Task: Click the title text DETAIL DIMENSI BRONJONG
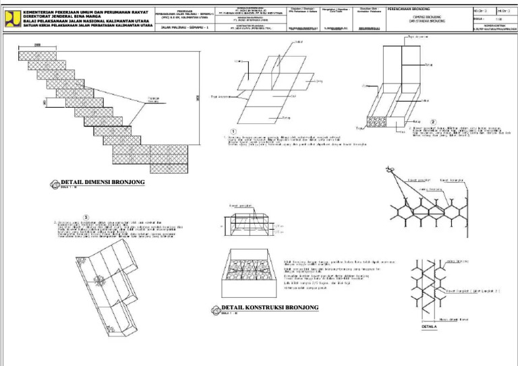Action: click(103, 182)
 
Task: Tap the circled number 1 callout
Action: click(233, 131)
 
